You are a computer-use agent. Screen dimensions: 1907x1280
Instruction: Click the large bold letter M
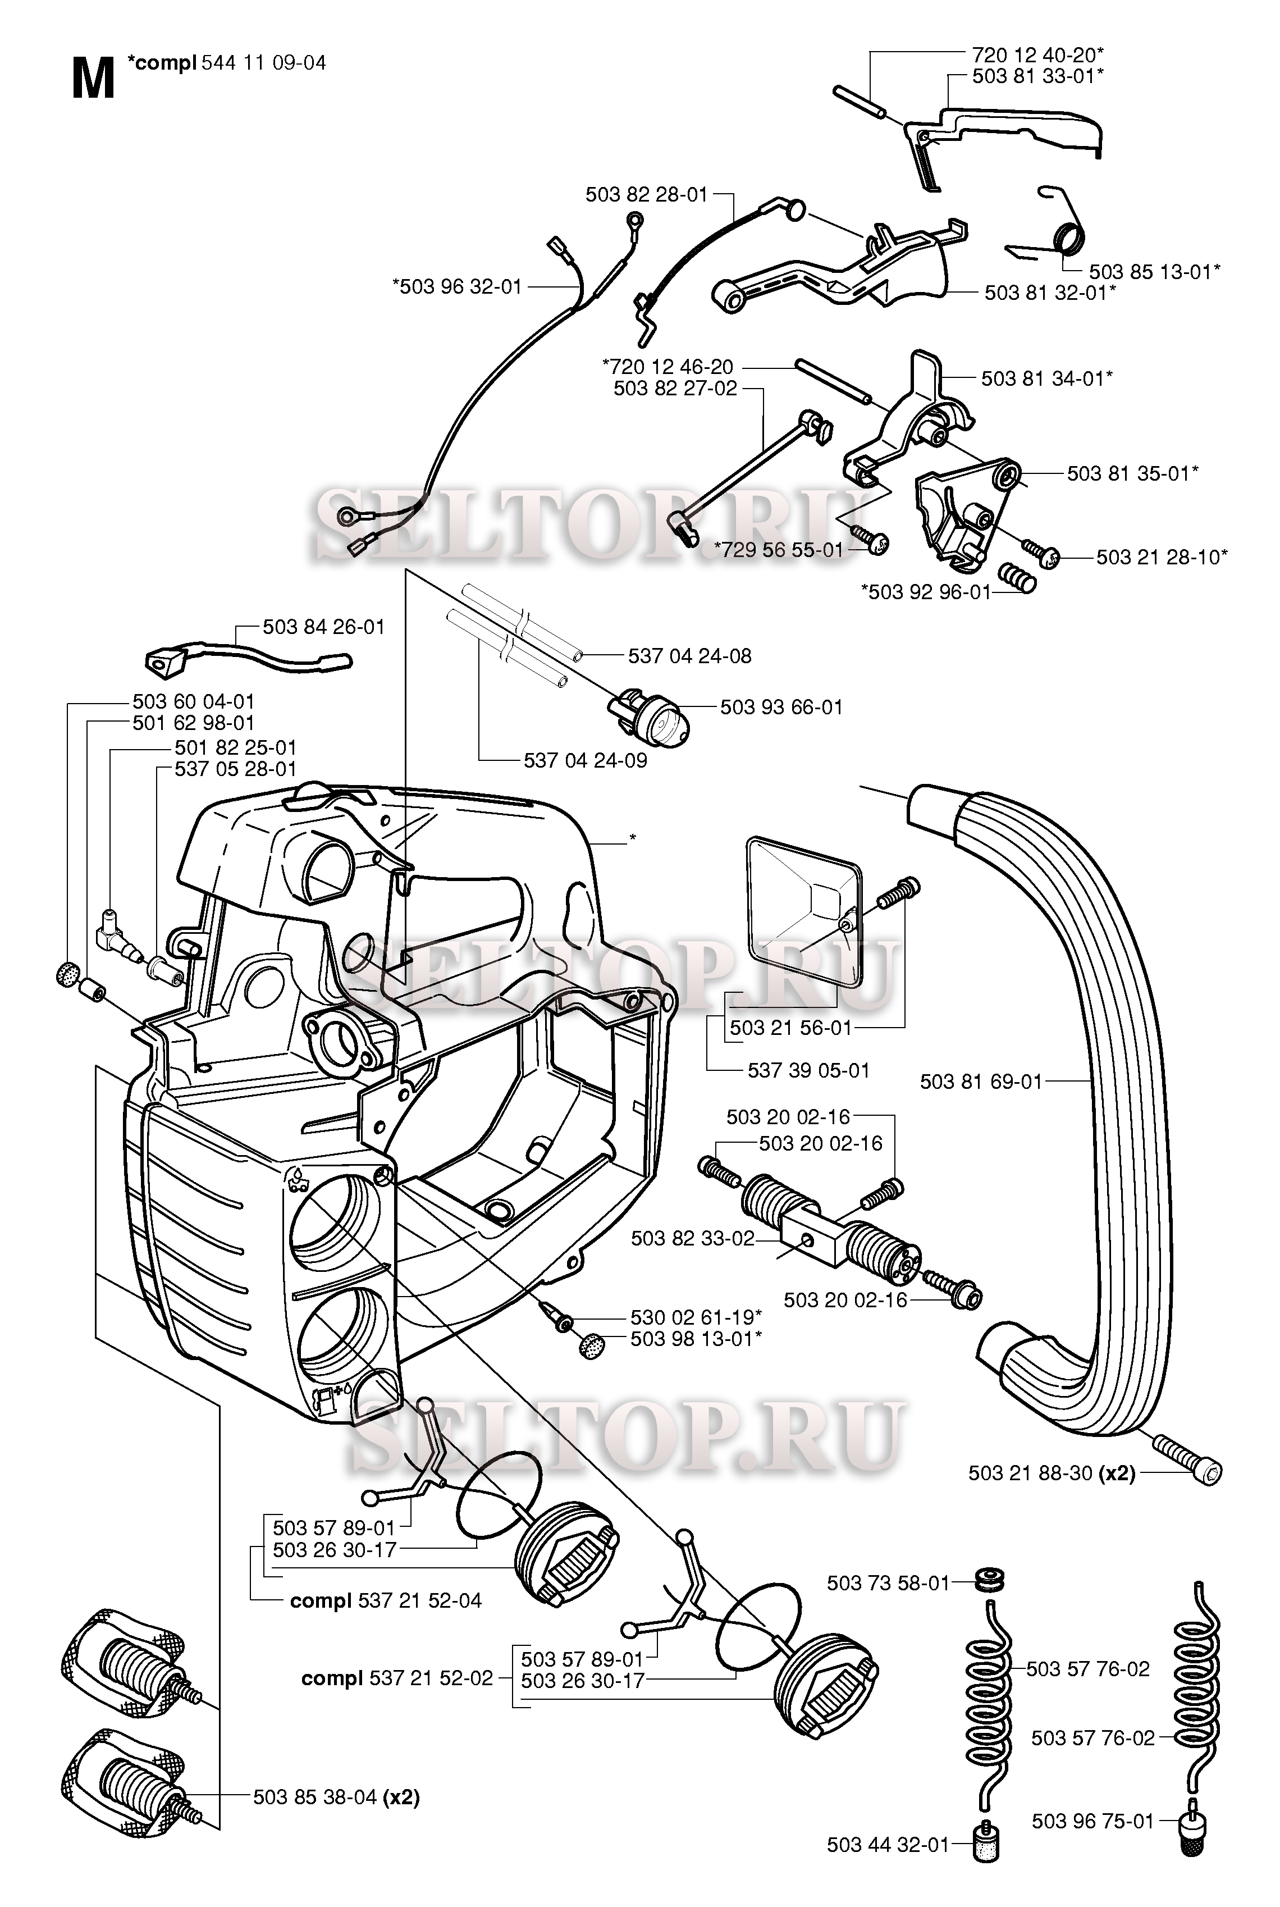(x=92, y=80)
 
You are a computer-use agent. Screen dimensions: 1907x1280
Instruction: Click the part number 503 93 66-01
(x=780, y=707)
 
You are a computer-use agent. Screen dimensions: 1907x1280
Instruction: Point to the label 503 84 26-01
(x=323, y=627)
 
